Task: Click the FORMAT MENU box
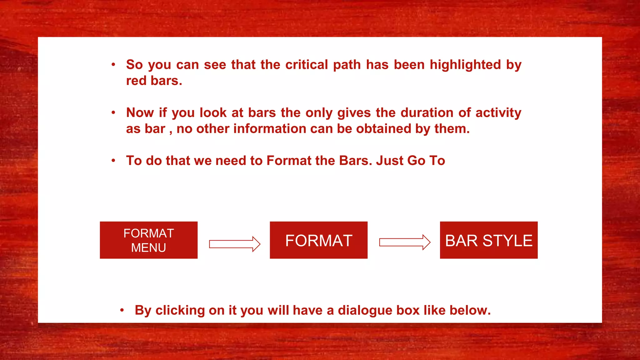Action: [x=148, y=240]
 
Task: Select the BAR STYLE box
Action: [x=489, y=240]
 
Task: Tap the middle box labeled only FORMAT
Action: [x=318, y=240]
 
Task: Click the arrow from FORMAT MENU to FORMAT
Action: [x=234, y=244]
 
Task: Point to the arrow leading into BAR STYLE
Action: [x=405, y=242]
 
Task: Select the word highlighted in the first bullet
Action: [x=465, y=65]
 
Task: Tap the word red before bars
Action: [x=136, y=81]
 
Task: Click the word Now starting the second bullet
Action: [x=140, y=112]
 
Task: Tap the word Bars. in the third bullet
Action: [x=356, y=161]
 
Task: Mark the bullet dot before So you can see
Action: [x=113, y=65]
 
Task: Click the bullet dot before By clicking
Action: [x=122, y=310]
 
